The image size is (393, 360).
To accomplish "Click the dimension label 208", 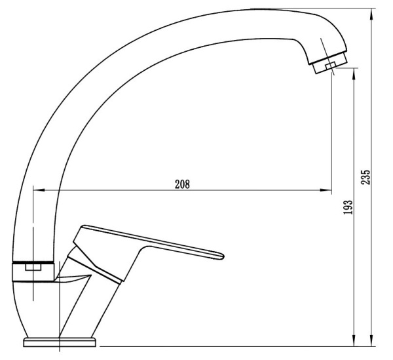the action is tap(182, 184).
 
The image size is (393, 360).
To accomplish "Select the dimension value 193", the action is tap(348, 207).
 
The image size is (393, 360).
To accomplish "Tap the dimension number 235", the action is tap(365, 177).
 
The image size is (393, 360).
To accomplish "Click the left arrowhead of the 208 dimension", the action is tap(39, 190).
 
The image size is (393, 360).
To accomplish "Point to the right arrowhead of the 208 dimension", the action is tap(326, 190).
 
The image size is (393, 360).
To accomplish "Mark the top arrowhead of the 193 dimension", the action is tap(354, 74).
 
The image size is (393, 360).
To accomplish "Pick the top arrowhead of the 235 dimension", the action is tap(371, 14).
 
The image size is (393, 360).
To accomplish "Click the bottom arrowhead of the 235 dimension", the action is tap(371, 340).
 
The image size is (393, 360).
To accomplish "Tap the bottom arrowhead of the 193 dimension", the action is tap(354, 340).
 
